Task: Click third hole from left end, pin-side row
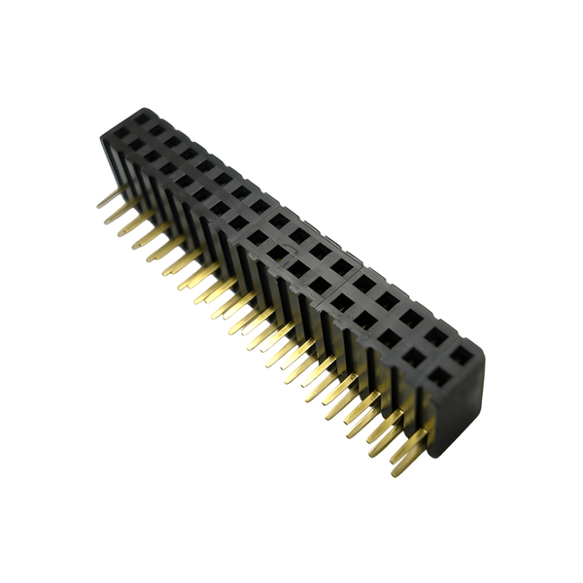152,154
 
